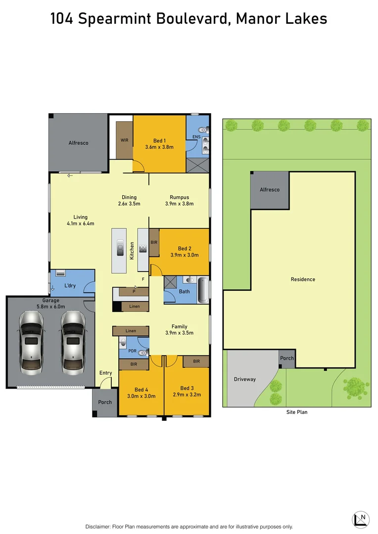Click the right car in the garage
click(72, 342)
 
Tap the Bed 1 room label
click(159, 141)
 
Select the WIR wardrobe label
click(125, 140)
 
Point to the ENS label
click(196, 136)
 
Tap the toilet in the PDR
click(142, 353)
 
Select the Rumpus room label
click(179, 197)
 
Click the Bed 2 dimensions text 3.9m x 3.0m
click(185, 255)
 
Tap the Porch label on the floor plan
click(105, 402)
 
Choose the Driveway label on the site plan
click(245, 379)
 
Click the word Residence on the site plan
click(303, 279)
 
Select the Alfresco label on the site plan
click(270, 190)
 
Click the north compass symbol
click(361, 520)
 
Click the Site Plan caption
click(297, 412)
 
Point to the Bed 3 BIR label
click(196, 361)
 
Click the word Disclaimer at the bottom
click(100, 527)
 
